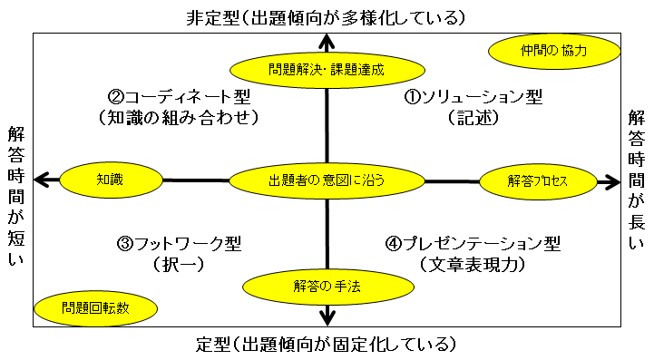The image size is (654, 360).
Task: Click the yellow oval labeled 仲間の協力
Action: [554, 52]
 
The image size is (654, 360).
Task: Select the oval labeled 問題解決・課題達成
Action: [327, 68]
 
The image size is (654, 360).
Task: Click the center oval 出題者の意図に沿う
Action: [327, 180]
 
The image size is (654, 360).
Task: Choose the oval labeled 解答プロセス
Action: [537, 181]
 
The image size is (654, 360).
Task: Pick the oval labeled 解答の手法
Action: [327, 287]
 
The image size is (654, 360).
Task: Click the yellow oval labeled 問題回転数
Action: [95, 307]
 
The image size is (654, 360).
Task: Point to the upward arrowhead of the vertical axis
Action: [327, 40]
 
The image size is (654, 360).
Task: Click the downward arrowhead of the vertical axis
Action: [327, 316]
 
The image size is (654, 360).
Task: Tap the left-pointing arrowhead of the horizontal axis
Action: [40, 180]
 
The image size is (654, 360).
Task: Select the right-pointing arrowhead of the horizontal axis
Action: [610, 181]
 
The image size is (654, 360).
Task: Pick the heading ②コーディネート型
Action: [179, 96]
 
